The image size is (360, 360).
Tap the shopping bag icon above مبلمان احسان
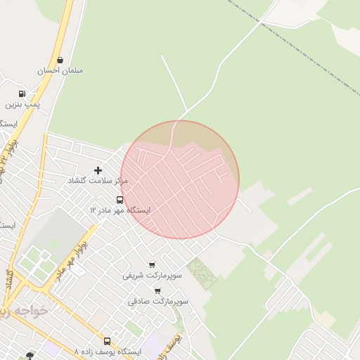60,60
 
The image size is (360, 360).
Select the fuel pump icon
22,94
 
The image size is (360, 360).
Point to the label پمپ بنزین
23,104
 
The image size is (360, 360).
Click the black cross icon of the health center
98,170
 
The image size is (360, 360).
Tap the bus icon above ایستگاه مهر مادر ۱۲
120,200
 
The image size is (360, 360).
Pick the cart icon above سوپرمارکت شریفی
152,265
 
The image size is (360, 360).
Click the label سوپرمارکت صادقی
158,301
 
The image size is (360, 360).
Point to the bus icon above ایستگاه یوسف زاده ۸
107,341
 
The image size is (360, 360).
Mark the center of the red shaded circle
180,180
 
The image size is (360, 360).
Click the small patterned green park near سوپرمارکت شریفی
202,273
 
